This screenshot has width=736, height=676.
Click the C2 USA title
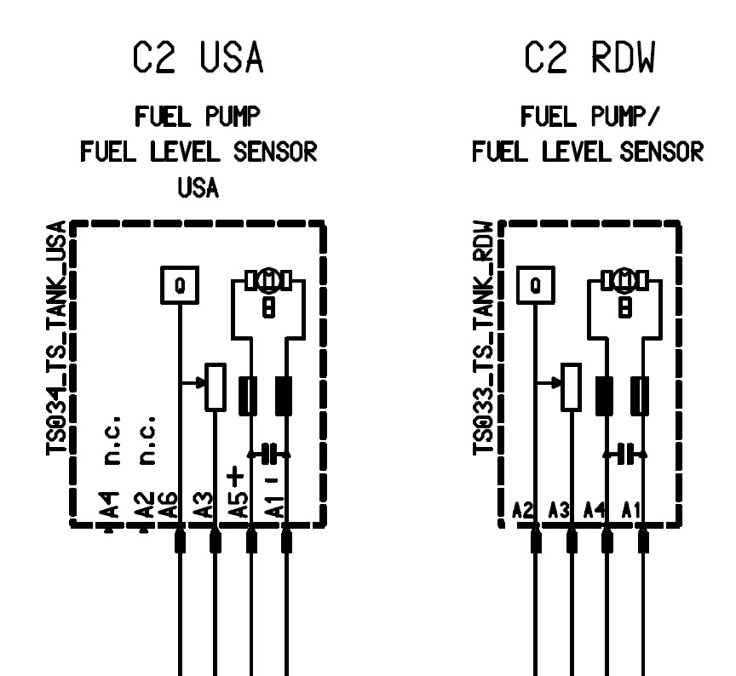pyautogui.click(x=198, y=59)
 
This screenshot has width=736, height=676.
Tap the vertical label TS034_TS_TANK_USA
pyautogui.click(x=57, y=339)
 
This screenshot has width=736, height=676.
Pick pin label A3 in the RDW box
pyautogui.click(x=559, y=511)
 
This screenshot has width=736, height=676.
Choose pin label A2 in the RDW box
pyautogui.click(x=523, y=511)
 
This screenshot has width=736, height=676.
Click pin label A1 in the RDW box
pyautogui.click(x=631, y=511)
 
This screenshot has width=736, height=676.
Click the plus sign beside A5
pyautogui.click(x=235, y=473)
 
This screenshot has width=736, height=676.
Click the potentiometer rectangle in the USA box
pyautogui.click(x=216, y=388)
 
